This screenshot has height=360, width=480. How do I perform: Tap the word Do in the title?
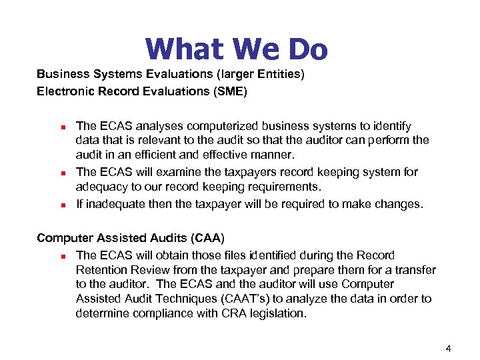tap(307, 49)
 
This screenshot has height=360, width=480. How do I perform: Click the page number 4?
tap(449, 347)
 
